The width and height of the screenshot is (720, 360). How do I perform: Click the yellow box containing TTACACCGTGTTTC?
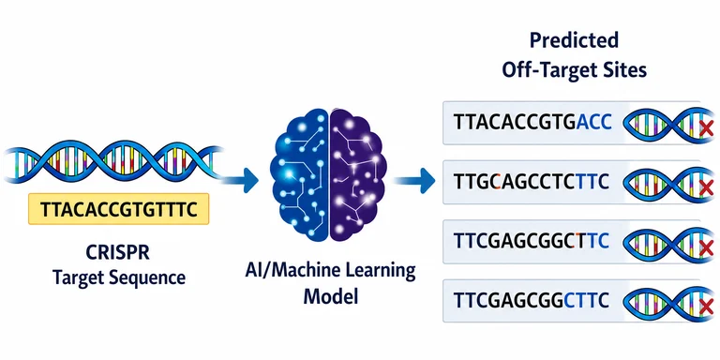click(x=118, y=209)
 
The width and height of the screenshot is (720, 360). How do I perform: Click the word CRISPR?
click(x=117, y=253)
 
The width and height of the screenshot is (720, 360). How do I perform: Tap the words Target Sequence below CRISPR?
click(x=119, y=277)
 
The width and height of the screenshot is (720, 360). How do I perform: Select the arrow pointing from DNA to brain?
click(x=240, y=180)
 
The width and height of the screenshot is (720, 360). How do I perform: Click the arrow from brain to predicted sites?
click(x=414, y=180)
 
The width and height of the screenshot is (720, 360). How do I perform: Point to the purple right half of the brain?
click(x=358, y=174)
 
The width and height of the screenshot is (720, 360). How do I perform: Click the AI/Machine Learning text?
click(x=330, y=271)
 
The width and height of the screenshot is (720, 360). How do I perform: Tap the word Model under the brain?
click(x=330, y=296)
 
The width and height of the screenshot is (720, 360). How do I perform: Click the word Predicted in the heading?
click(x=574, y=40)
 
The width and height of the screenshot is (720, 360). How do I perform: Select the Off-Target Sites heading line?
click(x=574, y=70)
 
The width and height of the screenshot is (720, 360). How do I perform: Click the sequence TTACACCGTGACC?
click(x=532, y=123)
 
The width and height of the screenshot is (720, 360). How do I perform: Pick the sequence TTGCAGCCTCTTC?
click(x=532, y=182)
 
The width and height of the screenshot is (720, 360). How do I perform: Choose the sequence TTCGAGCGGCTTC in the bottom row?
click(x=532, y=300)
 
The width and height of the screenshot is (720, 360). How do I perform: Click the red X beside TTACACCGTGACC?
click(x=706, y=128)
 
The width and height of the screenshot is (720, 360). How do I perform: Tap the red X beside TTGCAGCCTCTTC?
click(x=706, y=187)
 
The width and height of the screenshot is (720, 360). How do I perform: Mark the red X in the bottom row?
click(x=706, y=305)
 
